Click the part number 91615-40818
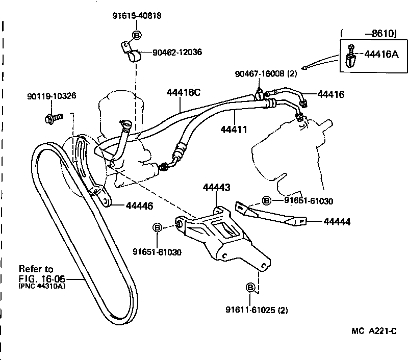click(x=137, y=16)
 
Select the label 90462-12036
click(x=177, y=52)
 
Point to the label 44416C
click(x=184, y=93)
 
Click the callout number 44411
click(x=234, y=130)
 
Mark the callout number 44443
click(x=217, y=188)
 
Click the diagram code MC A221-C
click(x=374, y=331)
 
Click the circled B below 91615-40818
click(x=137, y=35)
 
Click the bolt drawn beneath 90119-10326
click(x=53, y=118)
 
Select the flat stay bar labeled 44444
click(x=270, y=213)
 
